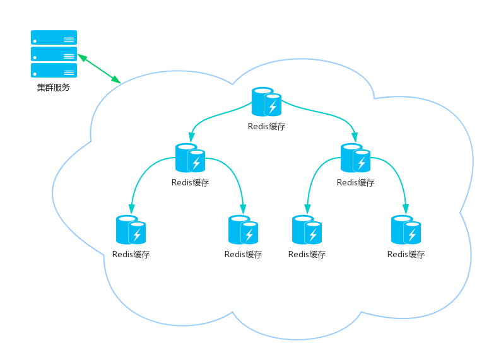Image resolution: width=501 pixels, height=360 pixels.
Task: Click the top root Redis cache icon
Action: [266, 102]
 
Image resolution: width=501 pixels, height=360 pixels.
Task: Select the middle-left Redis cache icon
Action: [190, 158]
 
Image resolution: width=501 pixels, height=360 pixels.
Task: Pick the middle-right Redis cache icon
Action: [355, 158]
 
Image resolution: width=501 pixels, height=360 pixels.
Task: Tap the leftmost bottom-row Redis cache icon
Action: [131, 230]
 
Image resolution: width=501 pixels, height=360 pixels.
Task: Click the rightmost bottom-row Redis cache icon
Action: [406, 229]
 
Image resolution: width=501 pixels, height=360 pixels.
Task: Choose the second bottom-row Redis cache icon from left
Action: [243, 229]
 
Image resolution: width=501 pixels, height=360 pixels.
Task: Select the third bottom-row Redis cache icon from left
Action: [307, 229]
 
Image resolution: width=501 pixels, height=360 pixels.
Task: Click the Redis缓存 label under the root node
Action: [266, 126]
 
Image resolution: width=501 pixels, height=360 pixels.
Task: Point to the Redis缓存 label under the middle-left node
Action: [190, 183]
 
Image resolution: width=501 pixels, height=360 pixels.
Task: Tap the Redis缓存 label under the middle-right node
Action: [355, 183]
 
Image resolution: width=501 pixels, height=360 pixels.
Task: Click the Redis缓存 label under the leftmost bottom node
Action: [131, 255]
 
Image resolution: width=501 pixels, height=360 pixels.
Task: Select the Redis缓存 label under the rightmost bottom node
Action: [406, 255]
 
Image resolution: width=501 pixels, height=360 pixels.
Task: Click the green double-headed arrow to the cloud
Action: [99, 69]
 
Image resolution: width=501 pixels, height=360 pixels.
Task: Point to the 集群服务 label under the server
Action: [53, 88]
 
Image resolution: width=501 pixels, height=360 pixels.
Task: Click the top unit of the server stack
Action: [54, 38]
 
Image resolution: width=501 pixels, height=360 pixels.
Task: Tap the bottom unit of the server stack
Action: [54, 70]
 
